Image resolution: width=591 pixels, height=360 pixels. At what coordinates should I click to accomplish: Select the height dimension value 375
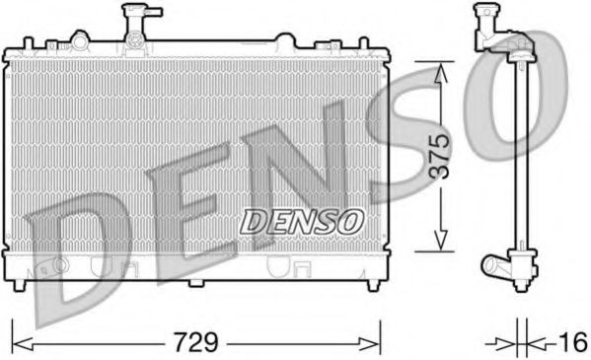tap(440, 156)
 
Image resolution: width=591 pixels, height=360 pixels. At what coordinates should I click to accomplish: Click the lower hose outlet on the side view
tap(493, 264)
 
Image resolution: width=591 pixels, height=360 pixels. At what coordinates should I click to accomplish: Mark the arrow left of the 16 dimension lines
tap(505, 343)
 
